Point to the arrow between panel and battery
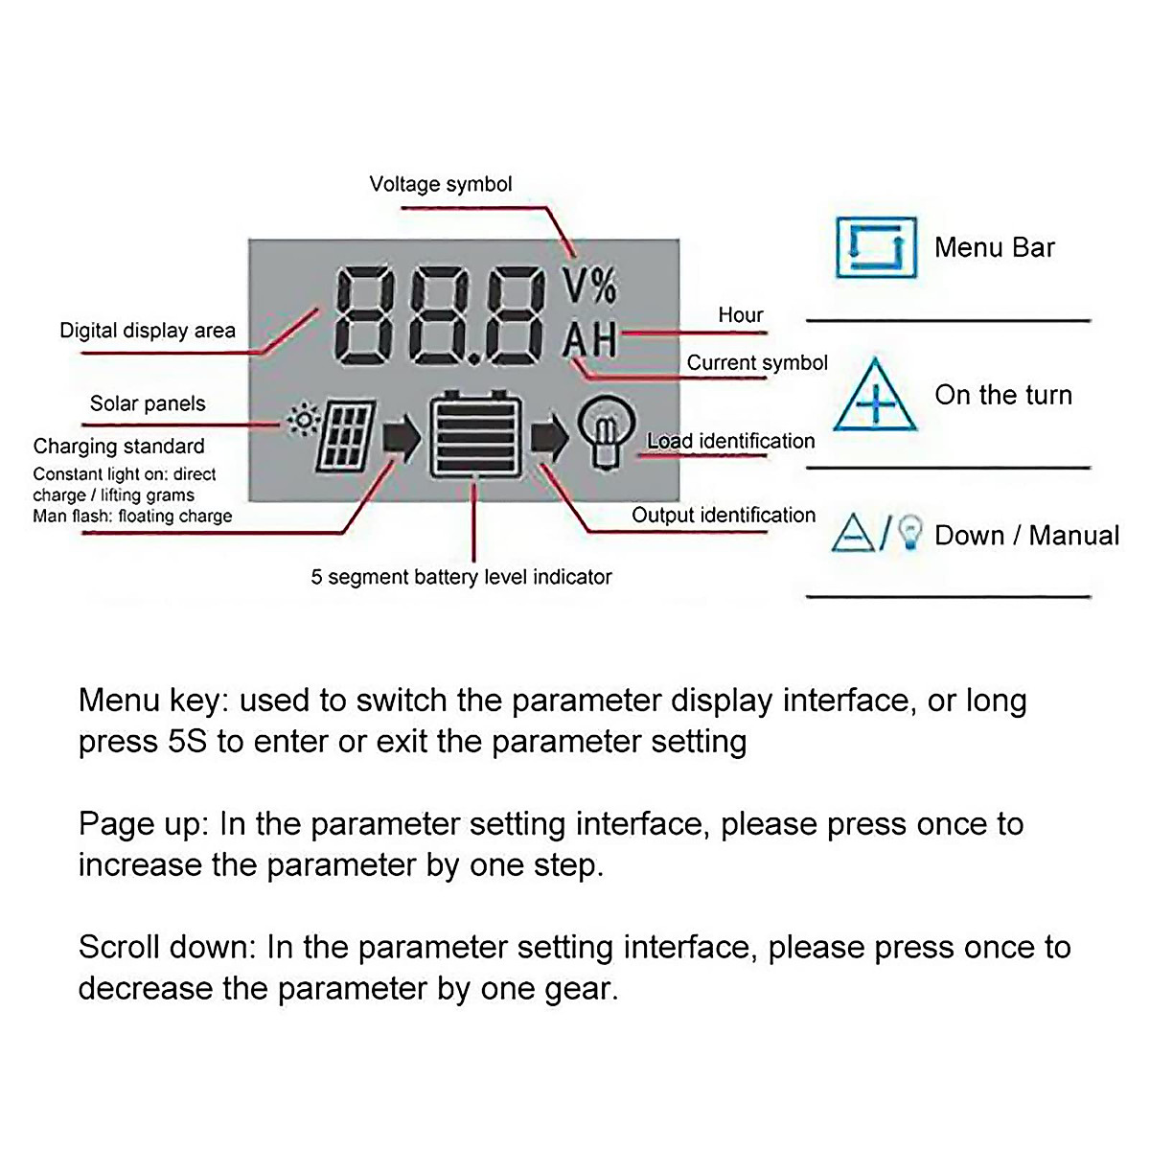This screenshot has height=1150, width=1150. (402, 438)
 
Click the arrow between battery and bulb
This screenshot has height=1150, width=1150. (549, 438)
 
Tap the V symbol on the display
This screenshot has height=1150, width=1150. (573, 285)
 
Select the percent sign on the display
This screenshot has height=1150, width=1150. (603, 285)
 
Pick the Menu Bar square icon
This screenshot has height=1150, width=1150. (876, 247)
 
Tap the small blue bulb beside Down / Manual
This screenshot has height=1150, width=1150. (912, 533)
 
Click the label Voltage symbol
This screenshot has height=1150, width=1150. (441, 184)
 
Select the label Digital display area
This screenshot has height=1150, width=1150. (148, 331)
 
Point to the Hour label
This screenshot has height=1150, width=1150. (741, 315)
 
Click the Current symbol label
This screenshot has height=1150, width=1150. (757, 363)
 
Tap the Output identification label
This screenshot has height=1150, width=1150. (724, 516)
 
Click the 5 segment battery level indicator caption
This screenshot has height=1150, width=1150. (461, 577)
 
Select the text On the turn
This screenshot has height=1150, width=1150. (1003, 395)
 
